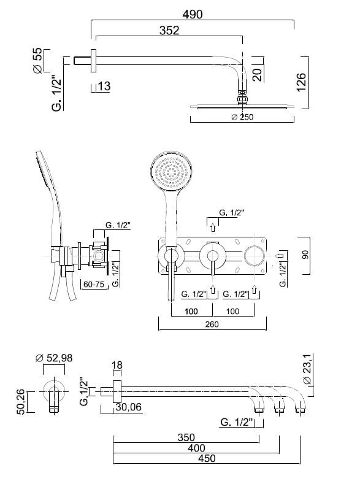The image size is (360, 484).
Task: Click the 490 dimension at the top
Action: coord(193,14)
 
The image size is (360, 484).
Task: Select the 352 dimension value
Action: coord(169,30)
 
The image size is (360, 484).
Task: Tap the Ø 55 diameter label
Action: coord(37,61)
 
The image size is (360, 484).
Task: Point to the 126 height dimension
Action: coord(301,82)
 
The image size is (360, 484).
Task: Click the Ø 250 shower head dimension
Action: coord(242,117)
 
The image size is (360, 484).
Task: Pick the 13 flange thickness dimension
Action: coord(104,86)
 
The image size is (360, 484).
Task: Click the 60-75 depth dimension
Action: coord(94,284)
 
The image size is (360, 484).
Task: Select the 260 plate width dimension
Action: coord(212,324)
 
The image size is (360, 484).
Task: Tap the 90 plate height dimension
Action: coord(305,255)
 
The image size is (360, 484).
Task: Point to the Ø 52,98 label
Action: coord(54,358)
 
